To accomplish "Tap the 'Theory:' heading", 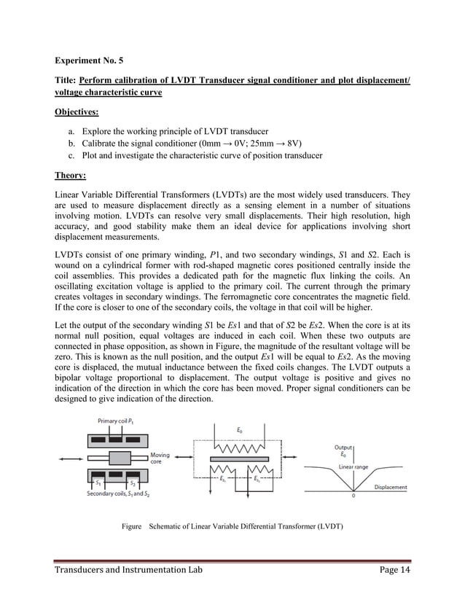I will pyautogui.click(x=71, y=176).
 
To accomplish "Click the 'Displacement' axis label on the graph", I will pyautogui.click(x=390, y=487).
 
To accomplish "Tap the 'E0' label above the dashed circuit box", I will pyautogui.click(x=240, y=431).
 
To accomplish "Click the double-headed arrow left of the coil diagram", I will pyautogui.click(x=71, y=458).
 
